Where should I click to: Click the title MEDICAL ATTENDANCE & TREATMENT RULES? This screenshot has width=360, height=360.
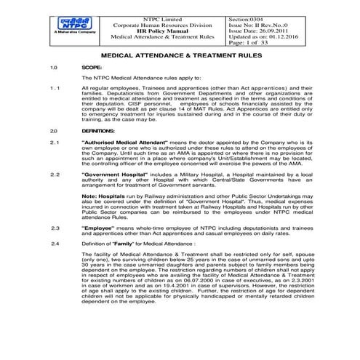point(179,55)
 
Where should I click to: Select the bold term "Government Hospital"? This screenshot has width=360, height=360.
point(116,175)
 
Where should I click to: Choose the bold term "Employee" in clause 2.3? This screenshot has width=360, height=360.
point(101,228)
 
